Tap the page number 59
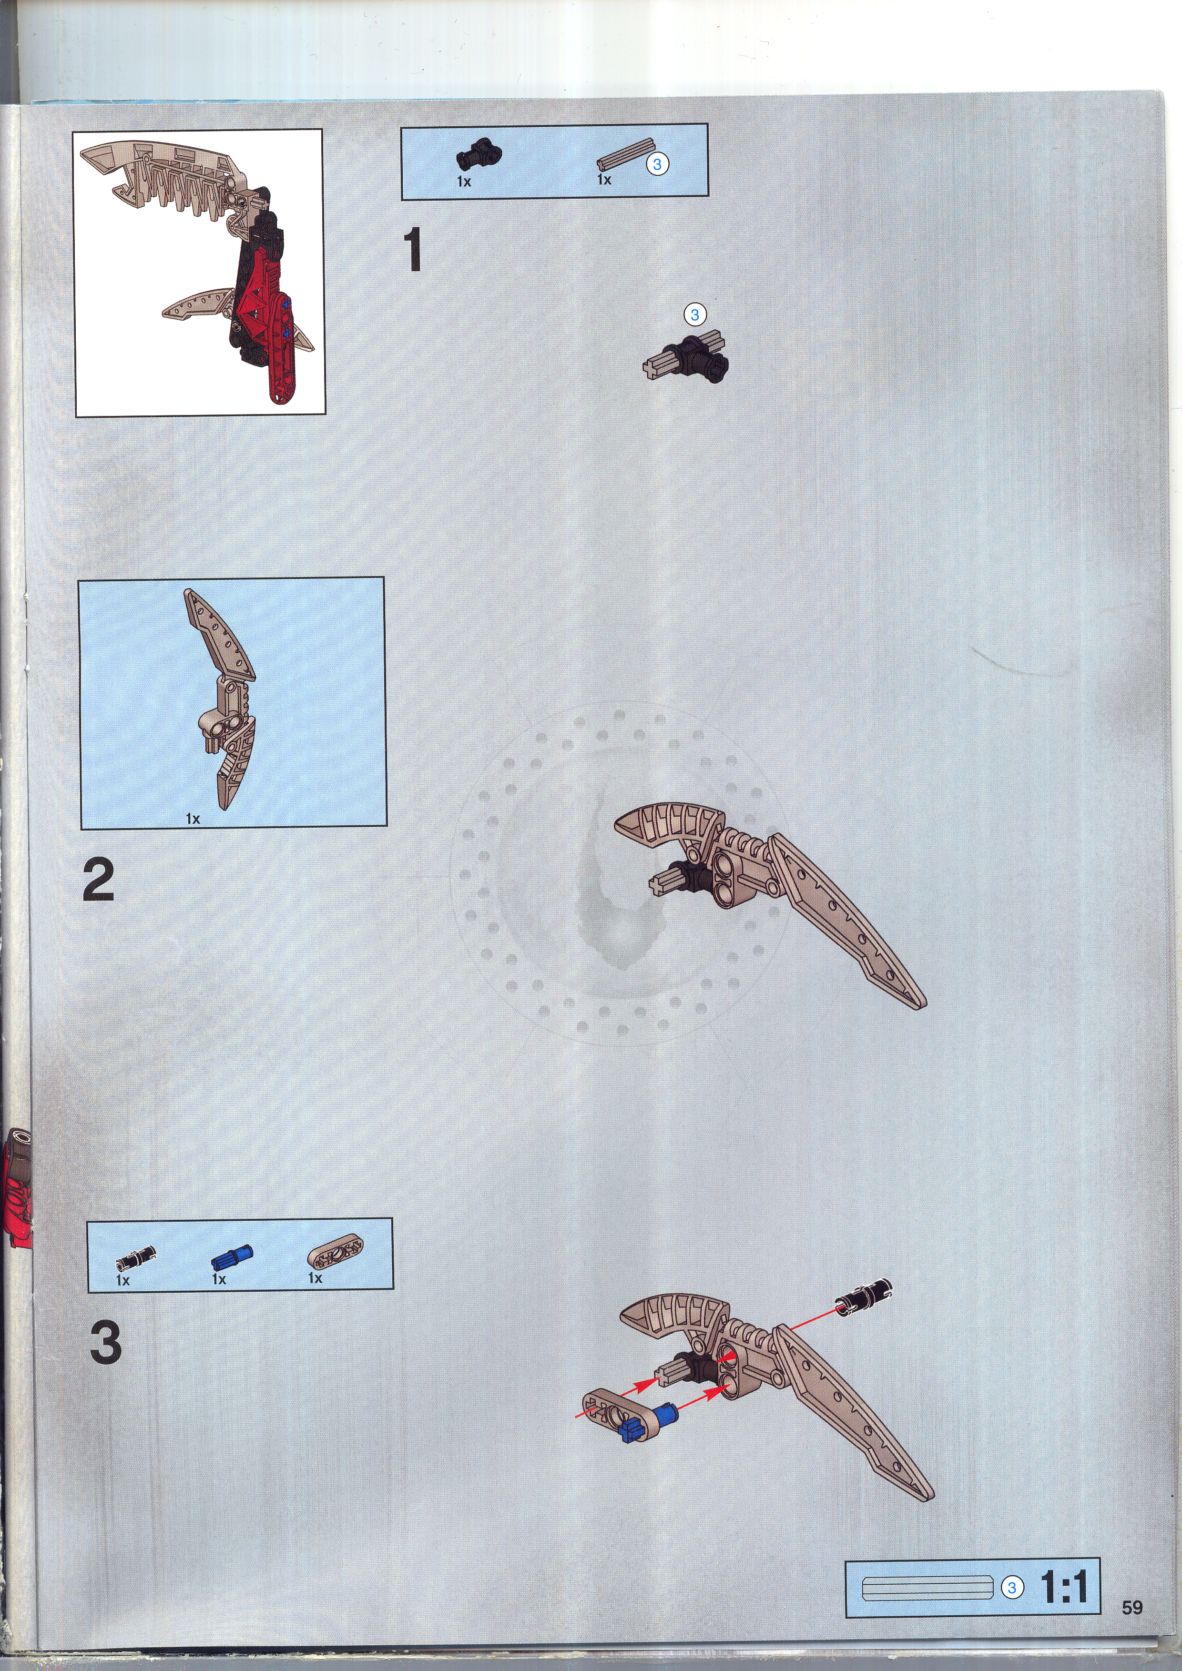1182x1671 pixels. [x=1132, y=1608]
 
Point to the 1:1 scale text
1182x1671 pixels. [x=1064, y=1587]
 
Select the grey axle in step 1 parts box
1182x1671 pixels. [x=626, y=154]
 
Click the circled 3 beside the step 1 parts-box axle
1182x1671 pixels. [x=657, y=164]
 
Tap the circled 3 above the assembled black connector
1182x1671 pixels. [x=694, y=314]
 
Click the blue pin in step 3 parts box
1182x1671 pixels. [x=232, y=1257]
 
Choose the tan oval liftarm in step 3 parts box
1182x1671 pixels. [x=335, y=1252]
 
